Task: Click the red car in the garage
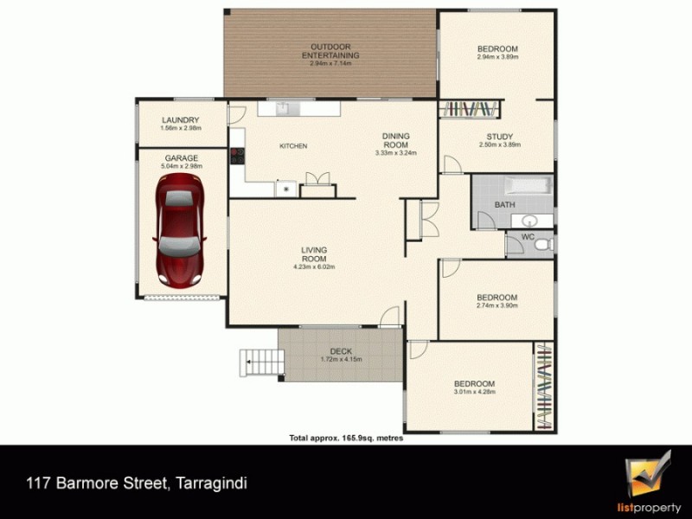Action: (x=180, y=231)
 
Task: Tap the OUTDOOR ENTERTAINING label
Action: (x=330, y=50)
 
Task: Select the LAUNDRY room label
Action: (x=181, y=120)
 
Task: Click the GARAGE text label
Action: (x=182, y=158)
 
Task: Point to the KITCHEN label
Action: (x=293, y=146)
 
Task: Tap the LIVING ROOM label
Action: (x=313, y=254)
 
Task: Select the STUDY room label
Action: (x=499, y=137)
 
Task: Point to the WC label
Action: (x=527, y=237)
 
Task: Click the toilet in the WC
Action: (x=543, y=246)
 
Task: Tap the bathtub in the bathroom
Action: (x=527, y=185)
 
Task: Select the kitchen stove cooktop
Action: (x=236, y=157)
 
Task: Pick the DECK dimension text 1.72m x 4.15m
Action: (x=341, y=359)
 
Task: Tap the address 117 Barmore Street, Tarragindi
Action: (x=142, y=482)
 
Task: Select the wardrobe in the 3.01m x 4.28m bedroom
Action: (x=542, y=387)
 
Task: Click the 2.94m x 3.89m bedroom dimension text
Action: (x=497, y=58)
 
